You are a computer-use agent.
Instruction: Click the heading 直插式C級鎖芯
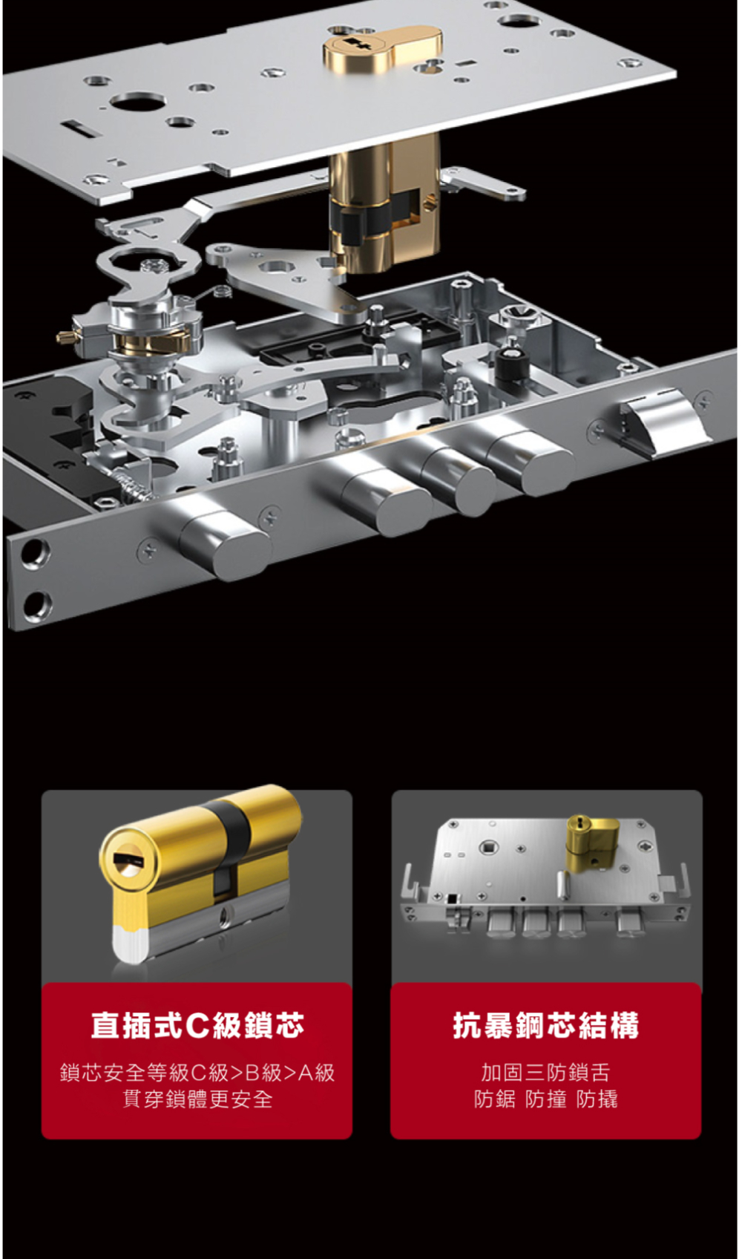click(x=197, y=1024)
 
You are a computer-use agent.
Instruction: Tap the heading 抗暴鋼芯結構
click(x=546, y=1024)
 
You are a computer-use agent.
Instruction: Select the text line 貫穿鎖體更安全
click(x=197, y=1099)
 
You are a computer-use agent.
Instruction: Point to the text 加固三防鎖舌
click(x=545, y=1072)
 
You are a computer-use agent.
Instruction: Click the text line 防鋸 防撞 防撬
click(x=545, y=1099)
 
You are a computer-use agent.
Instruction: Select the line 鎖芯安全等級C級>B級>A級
click(x=197, y=1072)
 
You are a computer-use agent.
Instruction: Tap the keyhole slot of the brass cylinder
click(x=128, y=859)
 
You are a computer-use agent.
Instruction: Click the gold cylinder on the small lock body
click(x=591, y=840)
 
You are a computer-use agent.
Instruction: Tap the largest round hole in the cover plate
click(x=138, y=101)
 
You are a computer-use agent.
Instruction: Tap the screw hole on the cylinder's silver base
click(x=225, y=913)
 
